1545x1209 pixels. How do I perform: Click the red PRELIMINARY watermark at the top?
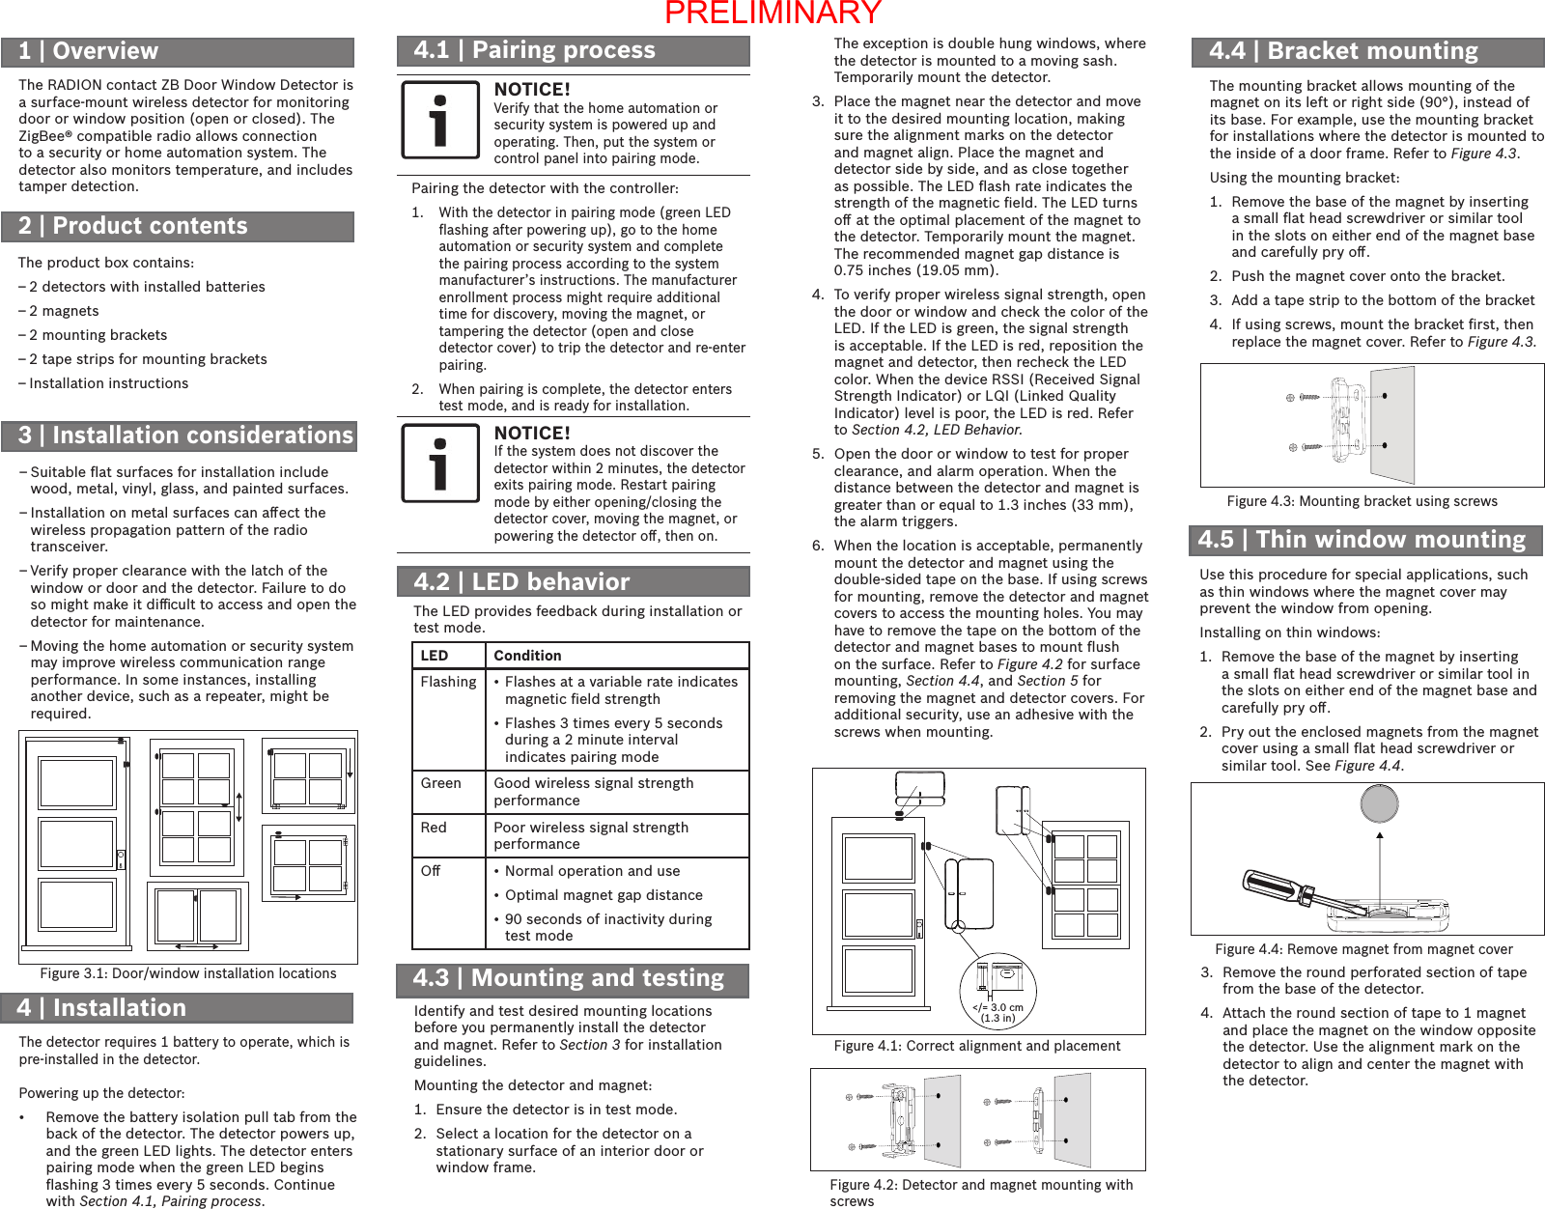pyautogui.click(x=772, y=13)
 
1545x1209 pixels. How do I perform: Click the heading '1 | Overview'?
pyautogui.click(x=89, y=51)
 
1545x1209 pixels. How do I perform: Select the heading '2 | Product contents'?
pyautogui.click(x=133, y=226)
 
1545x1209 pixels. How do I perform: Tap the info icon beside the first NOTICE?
pyautogui.click(x=440, y=120)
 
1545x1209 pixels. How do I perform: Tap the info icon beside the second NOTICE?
pyautogui.click(x=440, y=464)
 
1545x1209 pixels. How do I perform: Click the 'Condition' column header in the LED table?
pyautogui.click(x=527, y=656)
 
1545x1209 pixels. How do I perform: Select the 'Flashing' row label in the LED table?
pyautogui.click(x=448, y=682)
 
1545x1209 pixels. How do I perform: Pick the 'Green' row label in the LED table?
pyautogui.click(x=440, y=783)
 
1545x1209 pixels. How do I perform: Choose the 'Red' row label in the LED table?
pyautogui.click(x=434, y=828)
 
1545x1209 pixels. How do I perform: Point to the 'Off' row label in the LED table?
pyautogui.click(x=431, y=871)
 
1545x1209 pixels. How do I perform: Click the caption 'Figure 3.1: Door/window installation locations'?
pyautogui.click(x=188, y=973)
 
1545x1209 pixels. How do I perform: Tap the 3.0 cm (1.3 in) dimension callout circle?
pyautogui.click(x=997, y=991)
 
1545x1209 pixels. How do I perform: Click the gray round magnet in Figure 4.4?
pyautogui.click(x=1379, y=803)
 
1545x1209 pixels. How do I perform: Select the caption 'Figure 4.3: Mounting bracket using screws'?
pyautogui.click(x=1362, y=501)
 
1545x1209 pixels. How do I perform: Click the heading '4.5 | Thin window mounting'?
pyautogui.click(x=1362, y=540)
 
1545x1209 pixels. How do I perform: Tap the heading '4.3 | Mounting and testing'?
pyautogui.click(x=569, y=978)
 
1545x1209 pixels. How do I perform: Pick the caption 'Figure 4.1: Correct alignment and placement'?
pyautogui.click(x=976, y=1046)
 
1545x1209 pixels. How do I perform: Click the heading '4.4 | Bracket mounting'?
pyautogui.click(x=1344, y=51)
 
